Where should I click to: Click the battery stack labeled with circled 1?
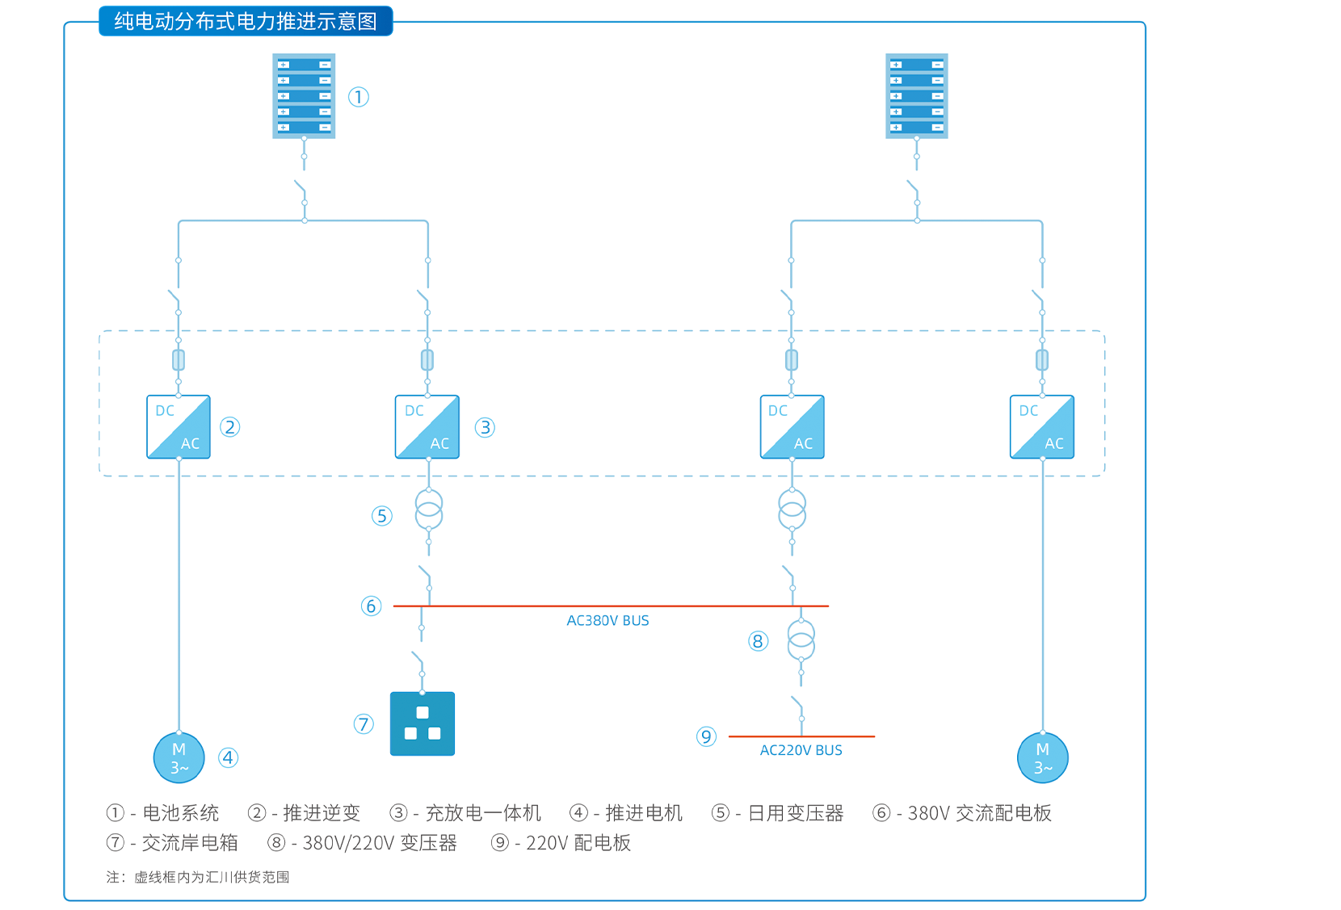(304, 96)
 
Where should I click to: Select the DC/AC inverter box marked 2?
(179, 427)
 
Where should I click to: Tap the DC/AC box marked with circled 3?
(427, 427)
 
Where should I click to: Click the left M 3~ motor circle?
(179, 757)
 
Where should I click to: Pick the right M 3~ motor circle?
(1042, 757)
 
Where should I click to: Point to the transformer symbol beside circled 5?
(429, 510)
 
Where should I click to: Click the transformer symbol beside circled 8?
(801, 640)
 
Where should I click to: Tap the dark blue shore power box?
(422, 723)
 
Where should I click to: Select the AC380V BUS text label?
(607, 621)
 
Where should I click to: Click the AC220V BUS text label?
(801, 750)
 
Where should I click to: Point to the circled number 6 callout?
(371, 606)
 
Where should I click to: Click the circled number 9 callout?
(706, 736)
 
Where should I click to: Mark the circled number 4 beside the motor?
(229, 757)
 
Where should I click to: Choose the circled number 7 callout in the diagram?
(364, 724)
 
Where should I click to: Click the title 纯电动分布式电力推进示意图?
(246, 21)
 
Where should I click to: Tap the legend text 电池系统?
(181, 813)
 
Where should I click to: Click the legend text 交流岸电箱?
(190, 843)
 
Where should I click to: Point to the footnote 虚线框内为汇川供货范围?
(212, 877)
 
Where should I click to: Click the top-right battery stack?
(916, 96)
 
